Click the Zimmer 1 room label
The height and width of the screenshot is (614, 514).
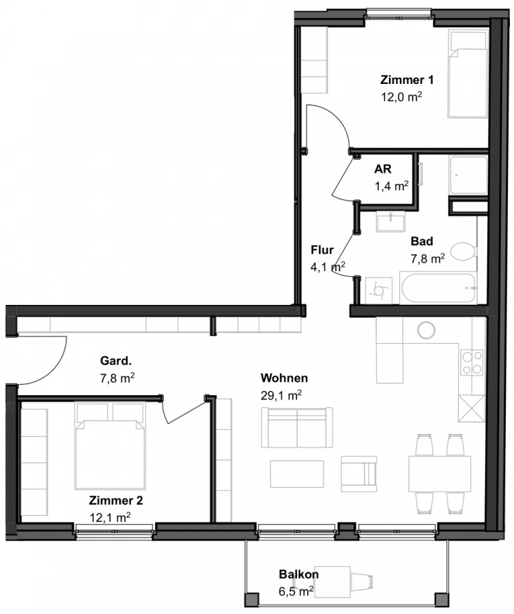(x=407, y=80)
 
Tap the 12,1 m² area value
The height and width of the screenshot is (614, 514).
(x=110, y=517)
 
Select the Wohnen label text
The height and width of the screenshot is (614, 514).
(x=284, y=378)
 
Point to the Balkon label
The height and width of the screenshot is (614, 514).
(x=298, y=574)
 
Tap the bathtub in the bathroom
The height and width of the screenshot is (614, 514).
(x=438, y=288)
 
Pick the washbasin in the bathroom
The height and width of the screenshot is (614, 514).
(x=390, y=222)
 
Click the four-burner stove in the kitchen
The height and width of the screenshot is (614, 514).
(x=472, y=362)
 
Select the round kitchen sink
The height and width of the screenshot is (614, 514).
(x=426, y=330)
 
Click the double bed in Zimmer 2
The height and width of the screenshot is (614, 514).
(x=110, y=445)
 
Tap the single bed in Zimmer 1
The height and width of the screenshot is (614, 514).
(x=468, y=74)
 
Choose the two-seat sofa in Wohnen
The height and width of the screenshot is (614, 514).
(x=297, y=428)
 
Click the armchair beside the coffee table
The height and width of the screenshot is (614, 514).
(x=358, y=473)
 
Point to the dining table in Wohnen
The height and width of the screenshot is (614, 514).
(x=440, y=474)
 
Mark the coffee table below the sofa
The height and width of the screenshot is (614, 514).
(x=297, y=474)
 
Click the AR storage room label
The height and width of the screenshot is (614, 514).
(x=382, y=169)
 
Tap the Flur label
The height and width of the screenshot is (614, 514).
(x=322, y=250)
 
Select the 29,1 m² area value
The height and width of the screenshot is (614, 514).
(x=281, y=396)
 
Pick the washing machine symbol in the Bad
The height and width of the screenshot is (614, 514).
(x=378, y=291)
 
